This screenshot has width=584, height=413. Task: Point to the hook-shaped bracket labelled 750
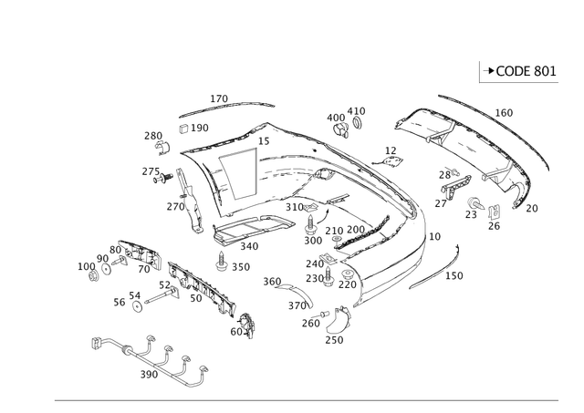point(337,319)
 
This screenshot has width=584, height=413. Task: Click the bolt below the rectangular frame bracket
point(222,264)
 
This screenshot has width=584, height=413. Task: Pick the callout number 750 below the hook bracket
point(334,341)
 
